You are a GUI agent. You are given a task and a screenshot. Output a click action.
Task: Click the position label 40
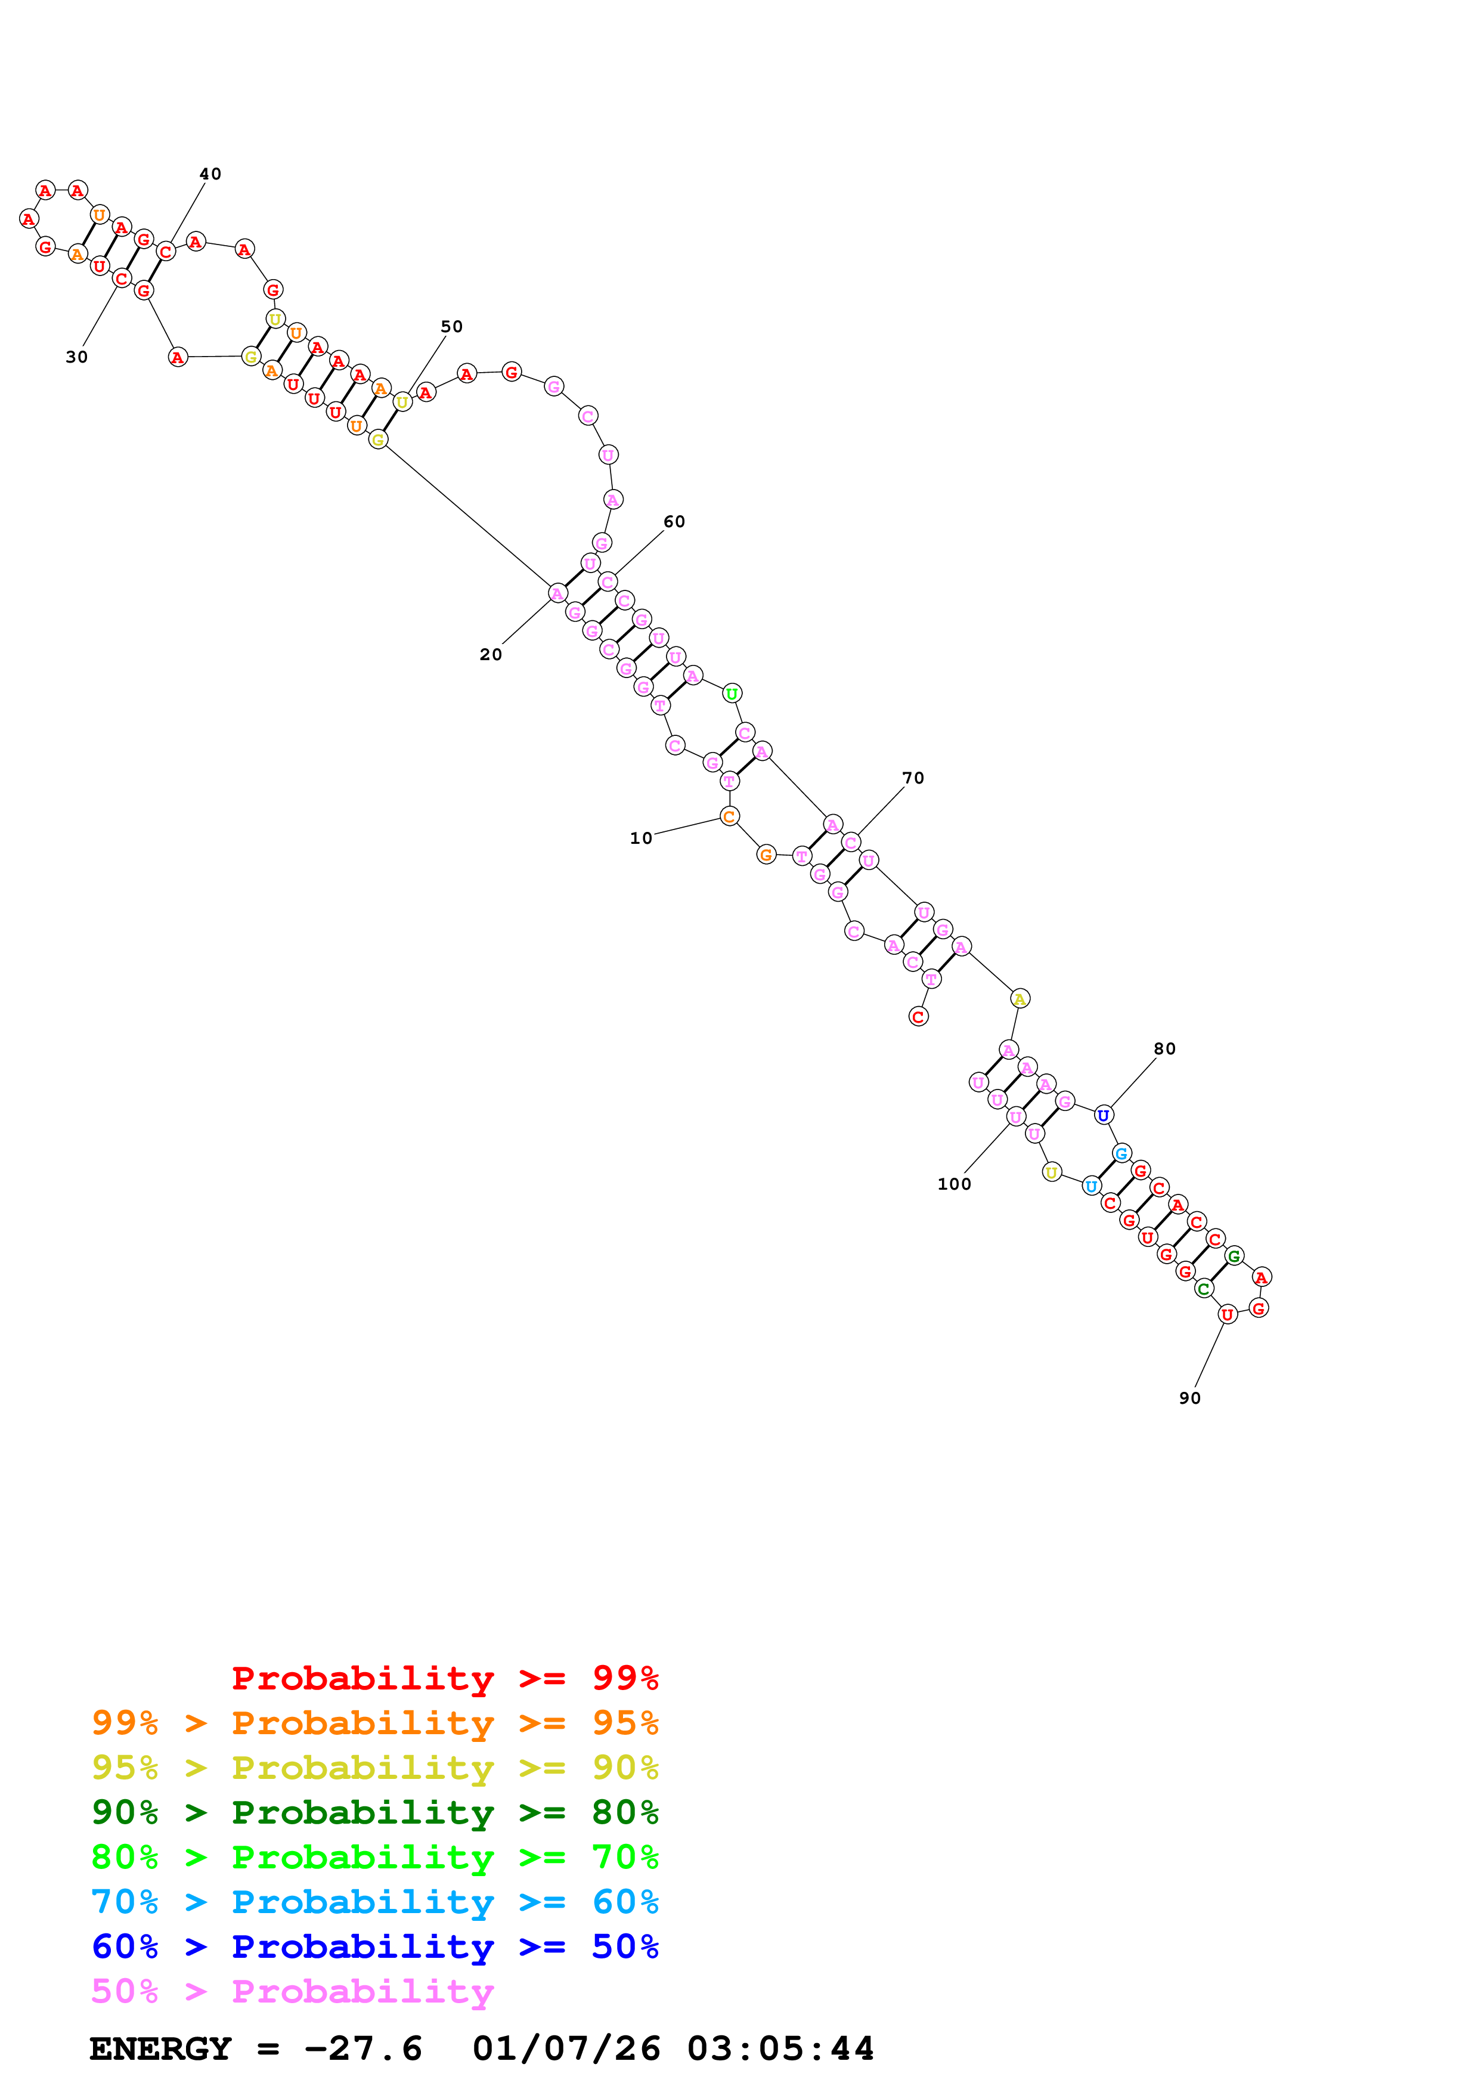210,174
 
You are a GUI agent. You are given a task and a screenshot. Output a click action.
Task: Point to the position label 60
674,521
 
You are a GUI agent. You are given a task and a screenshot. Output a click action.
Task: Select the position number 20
491,654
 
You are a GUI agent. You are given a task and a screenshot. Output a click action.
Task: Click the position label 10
641,838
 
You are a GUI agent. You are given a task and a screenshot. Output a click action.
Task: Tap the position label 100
955,1184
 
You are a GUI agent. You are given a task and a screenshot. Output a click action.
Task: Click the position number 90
1190,1398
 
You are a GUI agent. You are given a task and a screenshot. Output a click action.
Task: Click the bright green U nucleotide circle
732,694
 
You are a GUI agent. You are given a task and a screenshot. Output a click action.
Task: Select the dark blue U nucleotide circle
1104,1115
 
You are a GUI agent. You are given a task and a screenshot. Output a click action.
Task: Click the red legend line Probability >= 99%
444,1678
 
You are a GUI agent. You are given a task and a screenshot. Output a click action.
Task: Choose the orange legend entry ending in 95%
375,1723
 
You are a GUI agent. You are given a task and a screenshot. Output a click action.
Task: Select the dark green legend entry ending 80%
375,1812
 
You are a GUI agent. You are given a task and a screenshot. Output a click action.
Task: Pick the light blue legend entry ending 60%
375,1902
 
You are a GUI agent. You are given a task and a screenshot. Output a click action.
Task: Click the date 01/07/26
566,2048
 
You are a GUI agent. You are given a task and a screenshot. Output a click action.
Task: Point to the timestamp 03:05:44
780,2048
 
